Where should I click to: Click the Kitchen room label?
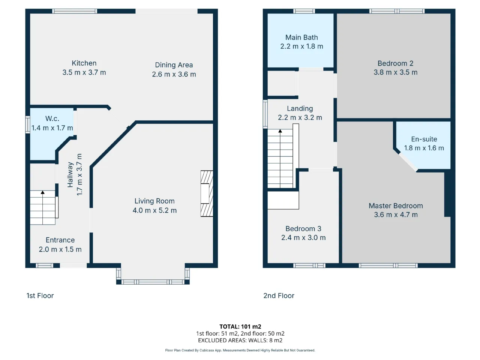tap(84, 63)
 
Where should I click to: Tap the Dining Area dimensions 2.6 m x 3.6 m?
tap(174, 74)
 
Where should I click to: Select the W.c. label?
tap(52, 118)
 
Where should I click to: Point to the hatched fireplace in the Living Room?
tap(207, 193)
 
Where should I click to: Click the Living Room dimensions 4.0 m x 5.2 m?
tap(154, 210)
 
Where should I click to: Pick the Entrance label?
tap(60, 240)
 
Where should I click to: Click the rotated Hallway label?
tap(70, 175)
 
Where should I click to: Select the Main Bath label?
tap(301, 37)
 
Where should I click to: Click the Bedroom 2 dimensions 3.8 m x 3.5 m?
tap(395, 72)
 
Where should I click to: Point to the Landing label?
tap(300, 108)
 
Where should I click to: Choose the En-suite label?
tap(424, 139)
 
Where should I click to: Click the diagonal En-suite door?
tap(408, 162)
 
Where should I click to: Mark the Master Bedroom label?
tap(396, 205)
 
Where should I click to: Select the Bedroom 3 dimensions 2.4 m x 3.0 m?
tap(303, 238)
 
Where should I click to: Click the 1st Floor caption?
tap(40, 295)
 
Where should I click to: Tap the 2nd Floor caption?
tap(279, 295)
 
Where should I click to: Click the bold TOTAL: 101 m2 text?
tap(240, 327)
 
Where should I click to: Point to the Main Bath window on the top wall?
tap(304, 11)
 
